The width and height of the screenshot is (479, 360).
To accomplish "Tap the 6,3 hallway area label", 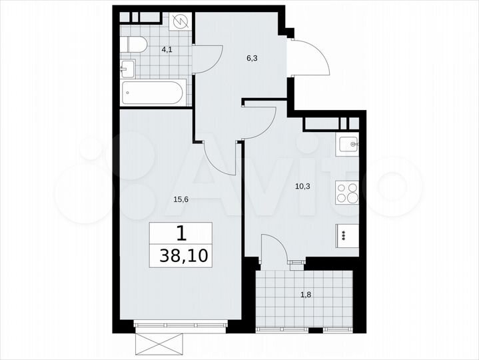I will [252, 58].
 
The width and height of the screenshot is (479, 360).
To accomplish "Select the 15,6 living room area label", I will [163, 197].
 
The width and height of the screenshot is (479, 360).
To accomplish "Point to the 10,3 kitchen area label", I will [303, 186].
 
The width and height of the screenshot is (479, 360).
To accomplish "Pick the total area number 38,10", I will [181, 255].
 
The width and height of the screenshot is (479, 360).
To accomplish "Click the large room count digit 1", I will [181, 233].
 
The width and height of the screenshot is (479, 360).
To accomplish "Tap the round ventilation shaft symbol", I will [181, 22].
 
